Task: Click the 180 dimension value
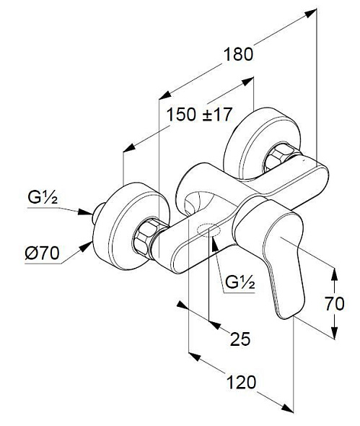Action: point(238,54)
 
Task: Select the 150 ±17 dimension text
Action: point(199,114)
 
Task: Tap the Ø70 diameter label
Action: point(42,253)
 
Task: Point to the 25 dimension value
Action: point(240,339)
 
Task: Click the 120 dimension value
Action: point(241,382)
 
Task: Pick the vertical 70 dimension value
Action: point(335,304)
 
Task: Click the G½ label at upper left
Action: point(43,198)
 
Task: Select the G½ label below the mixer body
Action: point(240,282)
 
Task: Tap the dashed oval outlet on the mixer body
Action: point(208,230)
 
